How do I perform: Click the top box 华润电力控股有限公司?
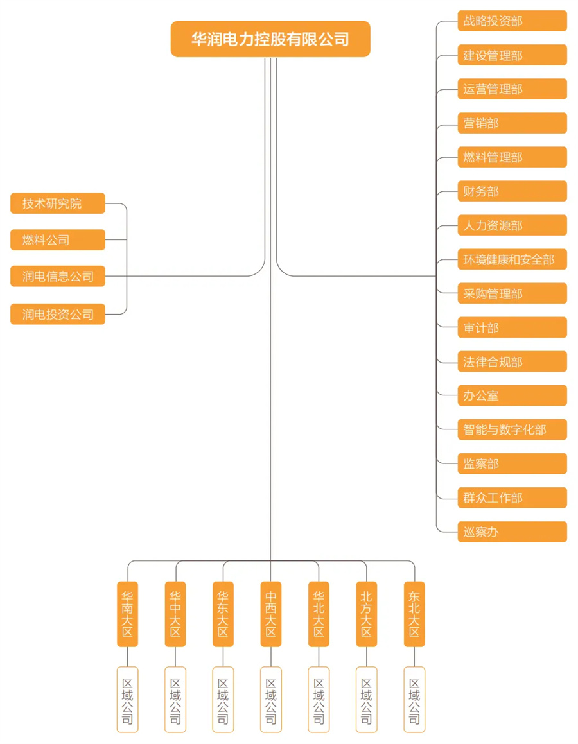coord(270,39)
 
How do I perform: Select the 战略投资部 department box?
coord(512,21)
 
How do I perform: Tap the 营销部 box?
coord(512,123)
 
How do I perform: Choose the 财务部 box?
coord(512,191)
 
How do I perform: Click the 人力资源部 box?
coord(512,225)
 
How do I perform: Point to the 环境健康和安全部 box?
coord(512,259)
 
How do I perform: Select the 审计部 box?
coord(512,327)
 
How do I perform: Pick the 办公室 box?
coord(512,395)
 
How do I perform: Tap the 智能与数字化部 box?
coord(512,430)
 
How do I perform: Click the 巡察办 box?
coord(512,532)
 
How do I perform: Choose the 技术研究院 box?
coord(57,203)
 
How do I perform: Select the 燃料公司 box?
coord(57,240)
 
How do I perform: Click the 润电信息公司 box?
coord(57,276)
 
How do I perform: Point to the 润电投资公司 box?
coord(57,314)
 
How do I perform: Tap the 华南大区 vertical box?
coord(127,614)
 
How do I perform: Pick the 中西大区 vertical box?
coord(271,614)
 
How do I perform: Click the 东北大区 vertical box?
coord(414,614)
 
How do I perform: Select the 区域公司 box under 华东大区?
coord(223,700)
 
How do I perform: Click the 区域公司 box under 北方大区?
coord(366,700)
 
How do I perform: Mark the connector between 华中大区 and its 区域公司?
coord(175,657)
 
